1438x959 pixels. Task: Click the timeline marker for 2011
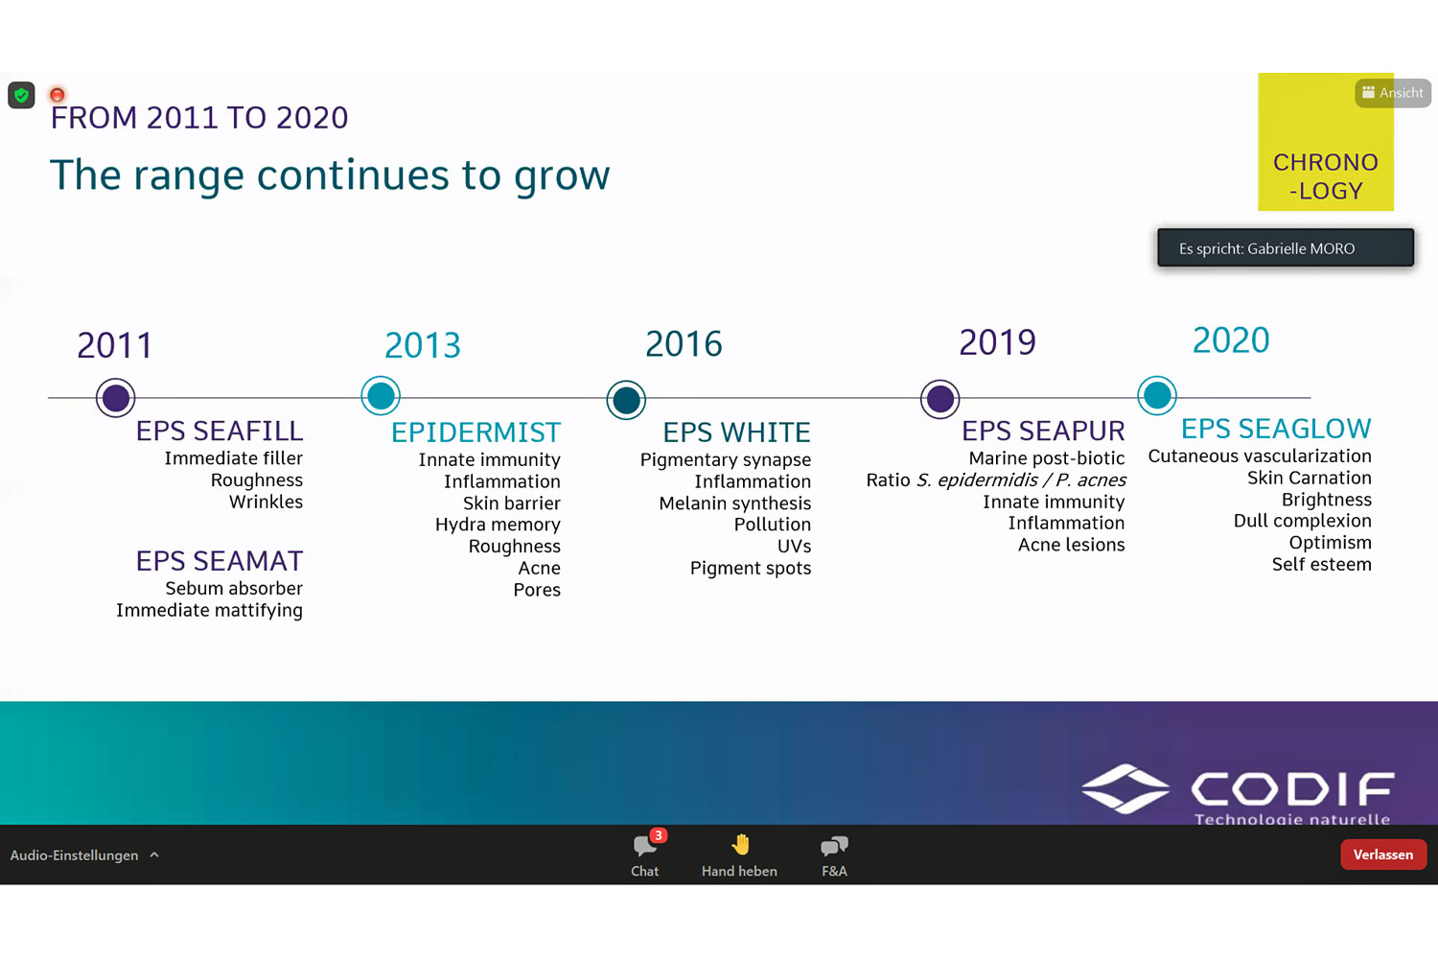[116, 398]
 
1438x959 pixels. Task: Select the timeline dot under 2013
[381, 396]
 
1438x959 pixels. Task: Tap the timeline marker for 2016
[626, 400]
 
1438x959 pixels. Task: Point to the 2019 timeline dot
[939, 399]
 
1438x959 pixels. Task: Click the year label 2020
[1231, 339]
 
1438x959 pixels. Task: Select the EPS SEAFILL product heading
[220, 431]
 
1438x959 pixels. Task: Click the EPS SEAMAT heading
[220, 561]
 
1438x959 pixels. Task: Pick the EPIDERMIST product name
[475, 433]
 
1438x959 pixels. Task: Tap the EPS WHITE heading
[736, 433]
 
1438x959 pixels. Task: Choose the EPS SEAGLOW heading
[1276, 429]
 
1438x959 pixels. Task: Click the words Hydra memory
[498, 525]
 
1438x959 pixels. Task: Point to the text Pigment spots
[751, 569]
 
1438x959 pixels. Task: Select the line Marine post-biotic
[1047, 458]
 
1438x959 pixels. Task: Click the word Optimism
[1331, 543]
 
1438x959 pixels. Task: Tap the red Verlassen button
[1382, 854]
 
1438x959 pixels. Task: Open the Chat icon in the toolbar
[645, 845]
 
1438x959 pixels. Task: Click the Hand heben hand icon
[741, 845]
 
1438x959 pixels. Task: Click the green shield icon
[21, 96]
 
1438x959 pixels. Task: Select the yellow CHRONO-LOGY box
[1326, 142]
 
